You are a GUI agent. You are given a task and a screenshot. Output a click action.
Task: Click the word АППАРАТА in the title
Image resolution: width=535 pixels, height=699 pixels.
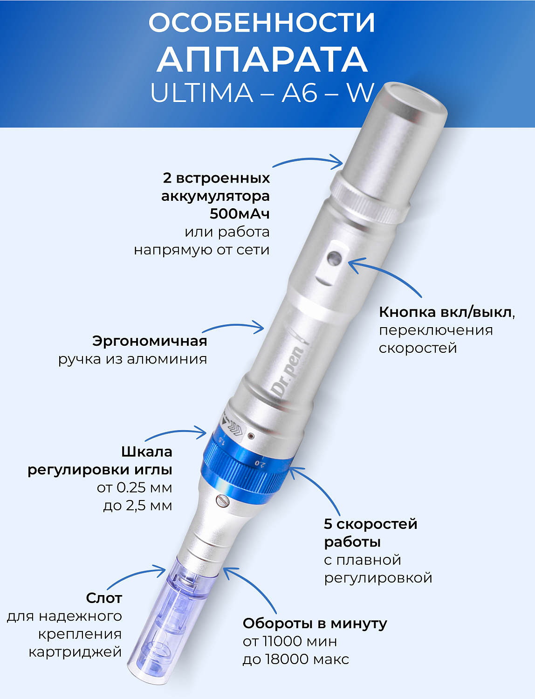coord(262,60)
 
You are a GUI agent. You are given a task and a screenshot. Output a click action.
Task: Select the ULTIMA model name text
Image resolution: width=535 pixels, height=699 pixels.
coord(201,93)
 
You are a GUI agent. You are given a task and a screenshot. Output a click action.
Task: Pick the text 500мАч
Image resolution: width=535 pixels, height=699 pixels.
coord(240,214)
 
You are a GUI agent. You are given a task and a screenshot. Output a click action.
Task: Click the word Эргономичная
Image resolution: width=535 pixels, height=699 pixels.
coord(150,341)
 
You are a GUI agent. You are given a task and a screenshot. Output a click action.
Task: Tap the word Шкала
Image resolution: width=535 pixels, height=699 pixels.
coord(146,452)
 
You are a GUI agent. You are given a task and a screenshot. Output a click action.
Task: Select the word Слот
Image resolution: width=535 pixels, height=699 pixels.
coord(104,598)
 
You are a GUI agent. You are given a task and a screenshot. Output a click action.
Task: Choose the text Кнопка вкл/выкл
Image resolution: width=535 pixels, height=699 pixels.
coord(445,312)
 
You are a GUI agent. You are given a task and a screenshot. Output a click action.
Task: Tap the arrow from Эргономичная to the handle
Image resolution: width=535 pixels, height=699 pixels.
coord(238,327)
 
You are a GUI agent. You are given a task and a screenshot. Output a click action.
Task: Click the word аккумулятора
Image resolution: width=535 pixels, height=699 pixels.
coord(215,196)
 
